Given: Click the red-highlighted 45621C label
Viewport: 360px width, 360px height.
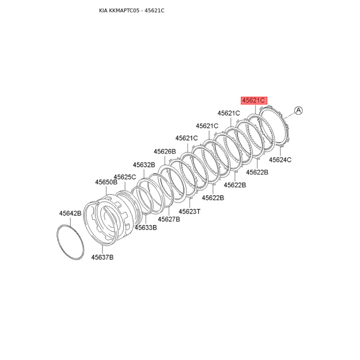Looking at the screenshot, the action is tap(254, 100).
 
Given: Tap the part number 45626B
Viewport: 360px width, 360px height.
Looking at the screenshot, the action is tap(165, 152).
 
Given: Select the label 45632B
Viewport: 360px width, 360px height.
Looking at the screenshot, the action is tap(144, 165).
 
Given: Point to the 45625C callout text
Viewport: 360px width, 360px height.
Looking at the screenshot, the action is tap(125, 177).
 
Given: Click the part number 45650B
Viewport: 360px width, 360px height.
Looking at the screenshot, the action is tap(106, 182).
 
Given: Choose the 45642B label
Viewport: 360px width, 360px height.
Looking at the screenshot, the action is tap(70, 213).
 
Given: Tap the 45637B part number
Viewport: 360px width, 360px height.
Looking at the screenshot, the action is tap(103, 257).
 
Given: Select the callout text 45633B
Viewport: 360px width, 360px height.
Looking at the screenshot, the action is tap(146, 228).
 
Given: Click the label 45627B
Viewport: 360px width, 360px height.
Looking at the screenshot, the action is tap(169, 219).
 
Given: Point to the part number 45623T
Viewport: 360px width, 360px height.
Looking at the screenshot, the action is tap(189, 211).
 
